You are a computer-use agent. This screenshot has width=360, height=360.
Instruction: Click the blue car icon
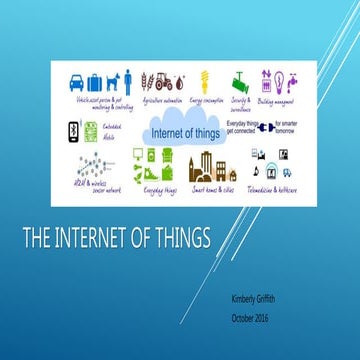click(75, 81)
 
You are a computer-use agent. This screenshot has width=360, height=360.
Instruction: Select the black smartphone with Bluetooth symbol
click(73, 131)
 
